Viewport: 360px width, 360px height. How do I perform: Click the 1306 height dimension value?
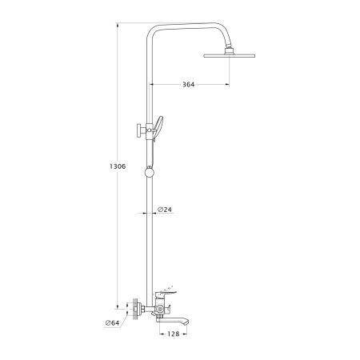click(x=118, y=166)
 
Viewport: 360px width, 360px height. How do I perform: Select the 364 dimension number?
click(x=189, y=85)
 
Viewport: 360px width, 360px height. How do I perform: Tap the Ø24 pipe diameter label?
click(x=165, y=210)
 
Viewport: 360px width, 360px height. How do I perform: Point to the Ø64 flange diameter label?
click(x=112, y=323)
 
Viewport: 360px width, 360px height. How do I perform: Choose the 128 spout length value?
click(x=174, y=334)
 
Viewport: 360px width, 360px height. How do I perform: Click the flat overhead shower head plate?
click(x=230, y=56)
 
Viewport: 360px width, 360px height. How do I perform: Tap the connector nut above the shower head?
click(x=230, y=50)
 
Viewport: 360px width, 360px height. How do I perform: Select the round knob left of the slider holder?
click(x=139, y=130)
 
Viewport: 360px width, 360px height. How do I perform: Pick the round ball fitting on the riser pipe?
click(x=150, y=172)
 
